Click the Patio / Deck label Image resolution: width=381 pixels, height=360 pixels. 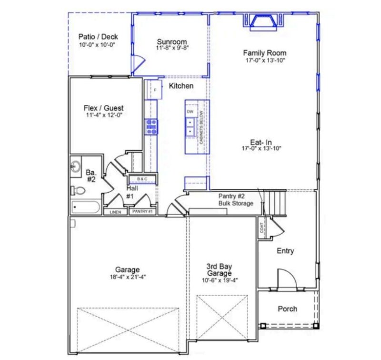[x=98, y=37]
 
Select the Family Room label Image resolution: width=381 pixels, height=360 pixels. [x=265, y=53]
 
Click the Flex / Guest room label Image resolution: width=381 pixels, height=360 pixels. [x=103, y=108]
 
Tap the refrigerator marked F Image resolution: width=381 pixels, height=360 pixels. [x=155, y=89]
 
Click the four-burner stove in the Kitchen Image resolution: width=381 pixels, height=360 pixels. [x=151, y=127]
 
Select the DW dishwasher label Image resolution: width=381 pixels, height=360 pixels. [x=190, y=112]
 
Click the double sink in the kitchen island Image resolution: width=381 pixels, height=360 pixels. [x=190, y=126]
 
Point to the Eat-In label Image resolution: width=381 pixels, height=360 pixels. [x=261, y=142]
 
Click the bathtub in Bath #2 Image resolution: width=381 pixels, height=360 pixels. [x=85, y=208]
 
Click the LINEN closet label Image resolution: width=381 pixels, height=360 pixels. [x=115, y=211]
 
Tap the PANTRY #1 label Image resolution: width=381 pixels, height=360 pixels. [x=141, y=211]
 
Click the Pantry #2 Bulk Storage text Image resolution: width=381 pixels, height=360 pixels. [x=235, y=200]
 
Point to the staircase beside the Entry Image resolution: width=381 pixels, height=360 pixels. [x=275, y=201]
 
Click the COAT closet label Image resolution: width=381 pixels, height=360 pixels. [x=262, y=228]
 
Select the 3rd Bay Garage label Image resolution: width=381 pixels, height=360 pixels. [x=219, y=270]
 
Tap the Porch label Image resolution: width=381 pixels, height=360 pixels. [x=287, y=309]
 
